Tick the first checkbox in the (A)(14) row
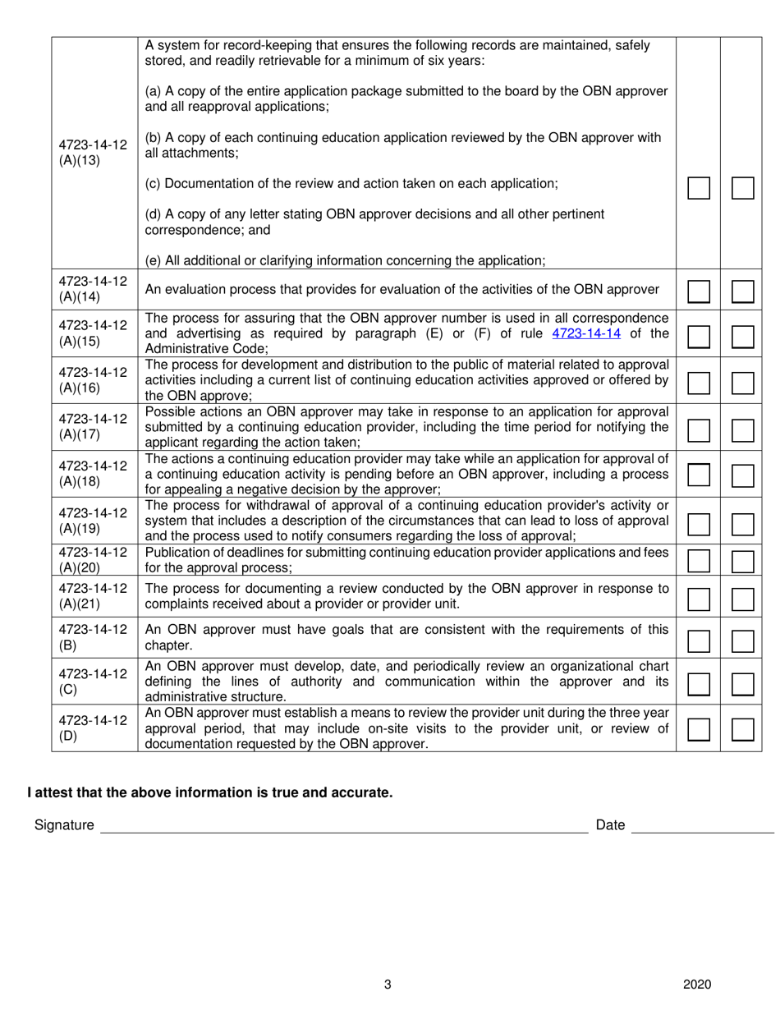pos(699,292)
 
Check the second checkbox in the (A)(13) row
pos(742,188)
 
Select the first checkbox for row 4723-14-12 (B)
pos(699,641)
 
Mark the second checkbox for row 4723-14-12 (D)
pos(742,729)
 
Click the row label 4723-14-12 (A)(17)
pos(93,425)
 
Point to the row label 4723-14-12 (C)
pos(93,681)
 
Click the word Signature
pos(64,825)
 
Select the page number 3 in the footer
pos(388,985)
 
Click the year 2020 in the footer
pos(696,985)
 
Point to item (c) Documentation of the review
pos(351,184)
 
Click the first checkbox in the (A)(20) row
pos(699,561)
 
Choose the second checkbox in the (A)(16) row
pos(742,382)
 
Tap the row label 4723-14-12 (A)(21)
pos(93,596)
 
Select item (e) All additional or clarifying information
pos(345,260)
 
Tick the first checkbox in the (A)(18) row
pos(699,474)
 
